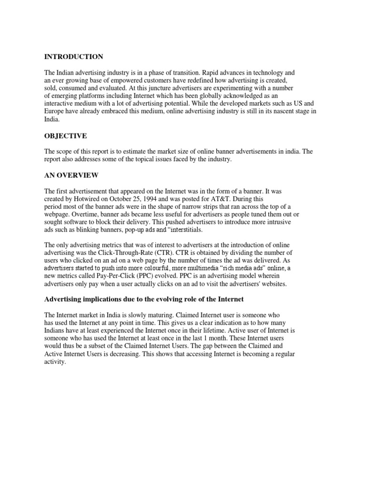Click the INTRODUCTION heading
click(x=73, y=57)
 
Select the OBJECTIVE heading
click(x=66, y=136)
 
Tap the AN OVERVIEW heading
click(x=71, y=175)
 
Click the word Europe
click(x=55, y=111)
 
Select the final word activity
click(x=54, y=361)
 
